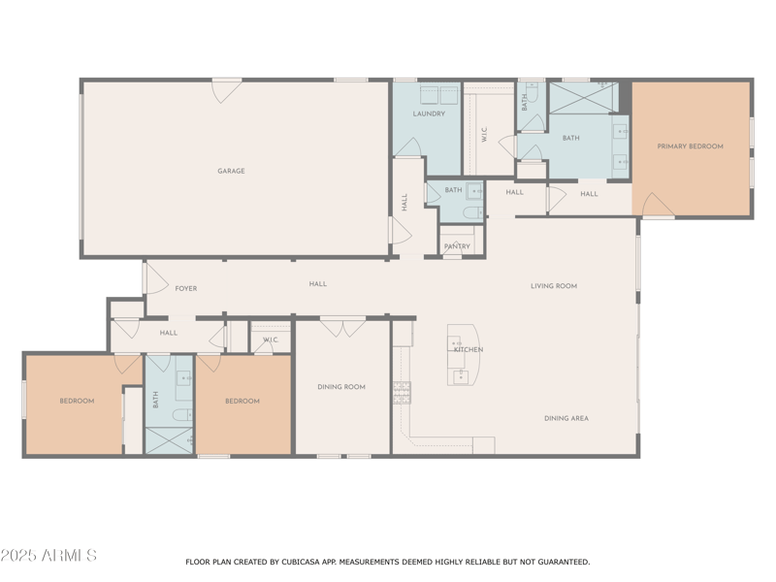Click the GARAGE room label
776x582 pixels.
pyautogui.click(x=231, y=171)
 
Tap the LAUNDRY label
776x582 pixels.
pyautogui.click(x=429, y=113)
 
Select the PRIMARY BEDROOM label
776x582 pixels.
pyautogui.click(x=690, y=146)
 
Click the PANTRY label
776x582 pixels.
pyautogui.click(x=457, y=246)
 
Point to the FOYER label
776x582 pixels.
pyautogui.click(x=185, y=288)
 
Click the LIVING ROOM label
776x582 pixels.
pyautogui.click(x=554, y=286)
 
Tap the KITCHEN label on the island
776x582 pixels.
pyautogui.click(x=469, y=350)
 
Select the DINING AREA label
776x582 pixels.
pyautogui.click(x=566, y=418)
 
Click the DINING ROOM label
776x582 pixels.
pyautogui.click(x=341, y=387)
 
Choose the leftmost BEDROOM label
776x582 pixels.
pyautogui.click(x=77, y=401)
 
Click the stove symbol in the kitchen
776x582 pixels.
pyautogui.click(x=402, y=392)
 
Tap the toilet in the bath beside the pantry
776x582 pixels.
pyautogui.click(x=472, y=212)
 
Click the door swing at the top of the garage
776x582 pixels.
pyautogui.click(x=226, y=90)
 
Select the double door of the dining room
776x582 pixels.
pyautogui.click(x=343, y=327)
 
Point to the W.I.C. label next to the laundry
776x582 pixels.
pyautogui.click(x=484, y=135)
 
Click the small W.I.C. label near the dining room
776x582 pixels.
pyautogui.click(x=271, y=340)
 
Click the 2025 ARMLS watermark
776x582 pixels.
pyautogui.click(x=48, y=556)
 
